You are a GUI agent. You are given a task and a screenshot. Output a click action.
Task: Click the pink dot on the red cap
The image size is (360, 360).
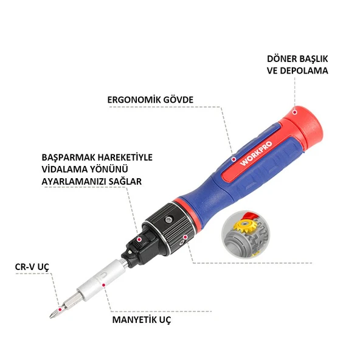point(294,111)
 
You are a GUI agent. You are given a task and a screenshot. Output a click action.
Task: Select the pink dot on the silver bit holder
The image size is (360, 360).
point(104,283)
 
